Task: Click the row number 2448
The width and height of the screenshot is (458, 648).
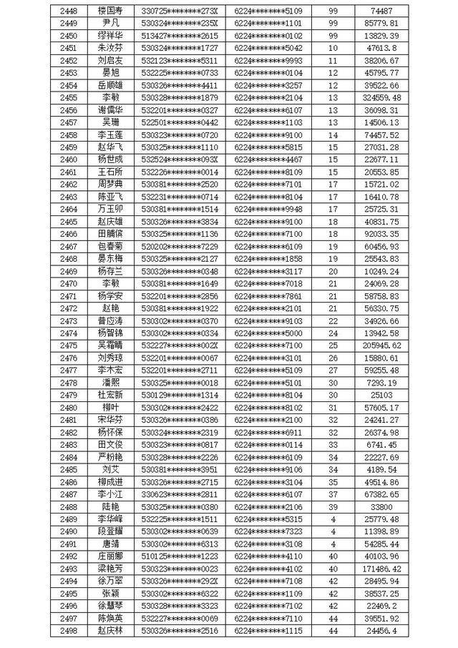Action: pyautogui.click(x=69, y=11)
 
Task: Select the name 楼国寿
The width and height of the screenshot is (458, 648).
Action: pyautogui.click(x=110, y=11)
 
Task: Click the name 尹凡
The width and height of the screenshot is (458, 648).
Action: pyautogui.click(x=110, y=23)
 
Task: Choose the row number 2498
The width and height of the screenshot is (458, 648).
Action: pyautogui.click(x=69, y=630)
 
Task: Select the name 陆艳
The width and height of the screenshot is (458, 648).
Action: pyautogui.click(x=110, y=506)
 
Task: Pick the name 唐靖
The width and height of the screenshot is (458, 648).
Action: pyautogui.click(x=110, y=544)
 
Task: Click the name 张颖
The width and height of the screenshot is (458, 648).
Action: pyautogui.click(x=110, y=593)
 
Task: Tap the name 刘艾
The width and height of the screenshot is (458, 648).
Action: pyautogui.click(x=110, y=469)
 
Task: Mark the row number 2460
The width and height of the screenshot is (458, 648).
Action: pyautogui.click(x=69, y=159)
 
